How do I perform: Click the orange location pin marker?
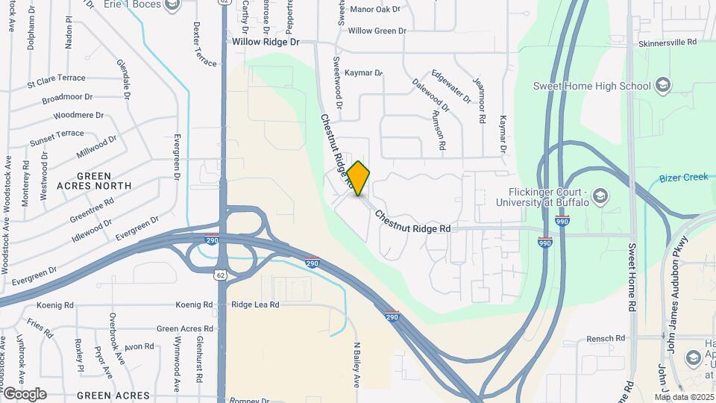coord(359,178)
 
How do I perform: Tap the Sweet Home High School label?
coord(592,86)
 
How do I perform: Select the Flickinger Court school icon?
coord(602,197)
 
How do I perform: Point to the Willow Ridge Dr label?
coord(266,43)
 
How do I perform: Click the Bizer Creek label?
coord(683,178)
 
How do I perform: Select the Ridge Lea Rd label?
coord(255,304)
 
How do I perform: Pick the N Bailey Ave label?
coord(357,364)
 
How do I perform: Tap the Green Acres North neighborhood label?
coord(93,180)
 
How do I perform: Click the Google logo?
coord(25,394)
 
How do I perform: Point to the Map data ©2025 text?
coord(684,397)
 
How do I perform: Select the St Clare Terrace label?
coord(56,78)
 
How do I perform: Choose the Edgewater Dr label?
coord(451,87)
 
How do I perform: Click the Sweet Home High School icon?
coord(662,86)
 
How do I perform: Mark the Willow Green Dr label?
coord(377,31)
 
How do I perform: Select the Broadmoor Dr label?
coord(67,98)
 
